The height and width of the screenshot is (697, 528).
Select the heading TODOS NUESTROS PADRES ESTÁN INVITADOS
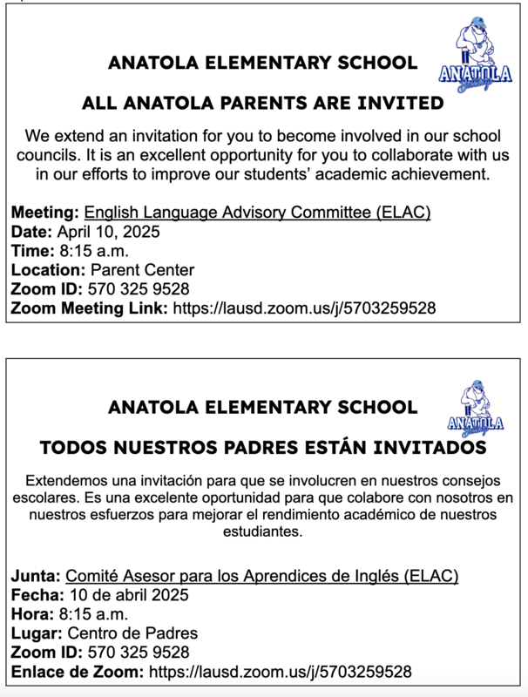point(262,448)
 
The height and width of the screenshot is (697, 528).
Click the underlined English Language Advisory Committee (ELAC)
point(257,212)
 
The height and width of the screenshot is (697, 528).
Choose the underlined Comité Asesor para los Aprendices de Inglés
point(262,576)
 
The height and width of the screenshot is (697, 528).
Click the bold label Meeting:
point(45,212)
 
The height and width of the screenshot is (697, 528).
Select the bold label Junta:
point(36,576)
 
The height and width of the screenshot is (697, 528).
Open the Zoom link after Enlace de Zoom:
point(281,672)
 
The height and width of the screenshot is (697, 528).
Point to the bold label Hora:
point(33,614)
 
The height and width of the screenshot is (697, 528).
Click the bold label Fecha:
point(37,595)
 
